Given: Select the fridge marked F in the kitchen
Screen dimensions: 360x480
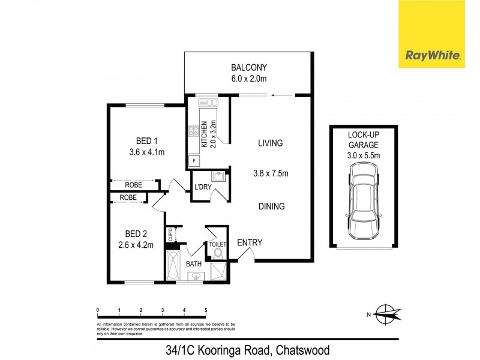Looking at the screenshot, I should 194,160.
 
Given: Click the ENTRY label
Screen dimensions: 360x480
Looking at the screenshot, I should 250,242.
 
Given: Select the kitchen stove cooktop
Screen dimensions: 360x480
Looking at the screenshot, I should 194,130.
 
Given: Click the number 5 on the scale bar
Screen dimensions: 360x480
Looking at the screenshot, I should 206,310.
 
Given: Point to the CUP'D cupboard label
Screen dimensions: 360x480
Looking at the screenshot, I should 170,233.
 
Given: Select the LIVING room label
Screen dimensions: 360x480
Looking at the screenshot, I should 270,143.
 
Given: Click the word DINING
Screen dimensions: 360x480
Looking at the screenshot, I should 271,206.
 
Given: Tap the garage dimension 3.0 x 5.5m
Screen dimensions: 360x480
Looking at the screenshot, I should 364,155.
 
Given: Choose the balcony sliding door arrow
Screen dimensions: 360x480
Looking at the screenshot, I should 277,94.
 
